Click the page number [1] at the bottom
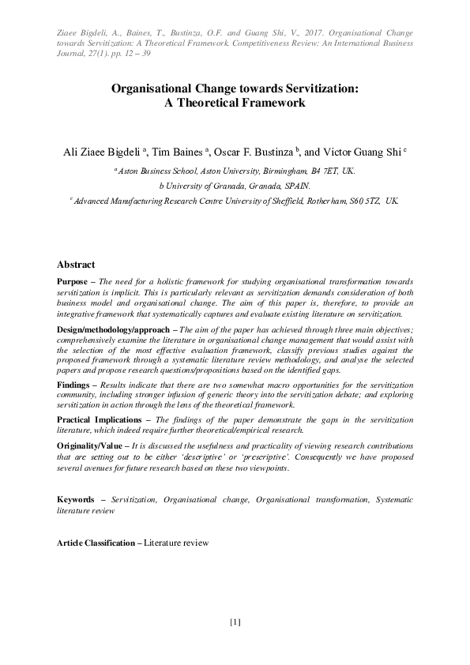click(235, 621)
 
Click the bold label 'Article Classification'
click(96, 545)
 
